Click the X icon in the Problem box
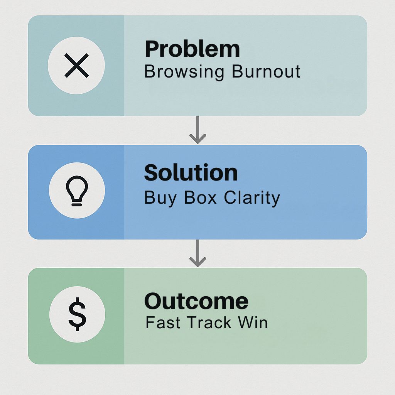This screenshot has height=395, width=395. click(x=77, y=66)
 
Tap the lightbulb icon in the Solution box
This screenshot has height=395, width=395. click(x=77, y=191)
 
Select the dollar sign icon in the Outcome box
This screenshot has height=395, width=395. click(x=77, y=314)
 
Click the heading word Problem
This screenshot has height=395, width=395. click(x=192, y=49)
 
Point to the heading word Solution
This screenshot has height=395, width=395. click(x=191, y=172)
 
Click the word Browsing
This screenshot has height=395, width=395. click(x=184, y=72)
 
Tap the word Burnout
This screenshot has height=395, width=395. click(x=266, y=71)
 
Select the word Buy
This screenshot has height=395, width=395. click(x=160, y=198)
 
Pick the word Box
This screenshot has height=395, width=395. click(x=200, y=197)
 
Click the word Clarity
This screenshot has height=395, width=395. click(x=252, y=198)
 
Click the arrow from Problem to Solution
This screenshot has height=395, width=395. click(x=198, y=130)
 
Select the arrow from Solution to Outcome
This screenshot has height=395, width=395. click(x=198, y=253)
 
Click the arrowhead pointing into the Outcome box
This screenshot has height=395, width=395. click(x=198, y=262)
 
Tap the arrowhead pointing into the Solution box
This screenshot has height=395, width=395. click(x=198, y=139)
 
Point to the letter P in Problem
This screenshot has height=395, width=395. click(x=151, y=49)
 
